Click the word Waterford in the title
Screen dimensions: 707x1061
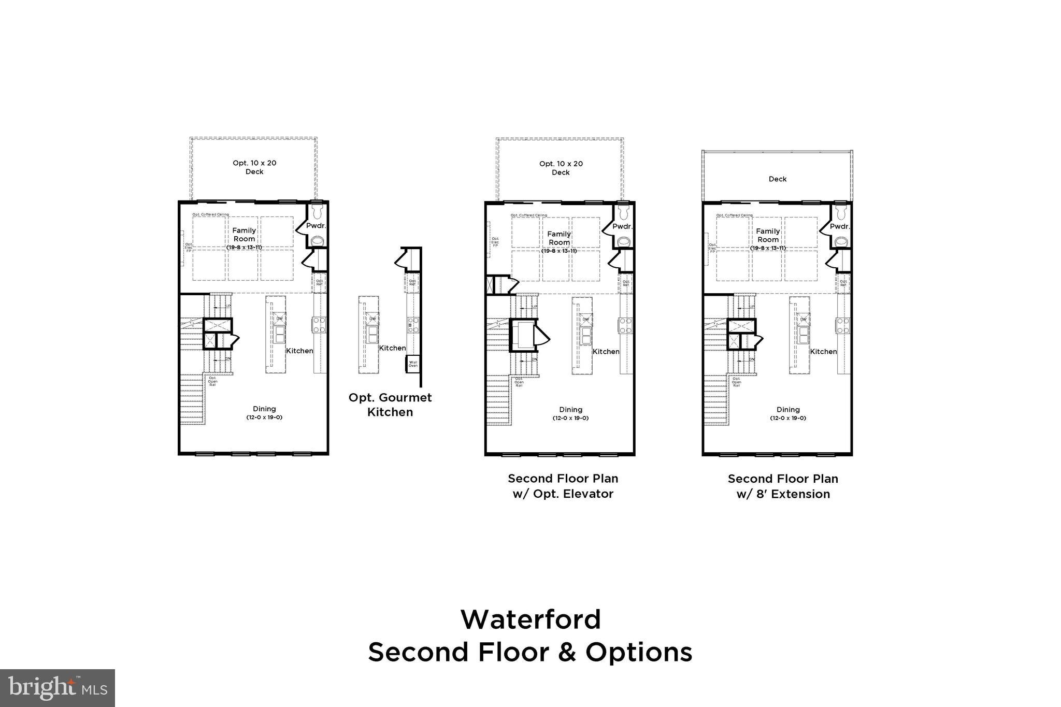pyautogui.click(x=530, y=619)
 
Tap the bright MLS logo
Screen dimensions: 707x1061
pyautogui.click(x=58, y=687)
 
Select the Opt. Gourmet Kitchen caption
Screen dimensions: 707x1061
pyautogui.click(x=390, y=405)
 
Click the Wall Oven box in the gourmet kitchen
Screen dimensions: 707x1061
pyautogui.click(x=413, y=364)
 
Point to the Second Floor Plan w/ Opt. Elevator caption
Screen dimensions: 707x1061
pyautogui.click(x=563, y=486)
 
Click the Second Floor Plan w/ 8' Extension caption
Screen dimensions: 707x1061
pyautogui.click(x=783, y=486)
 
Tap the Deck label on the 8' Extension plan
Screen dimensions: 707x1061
pyautogui.click(x=777, y=179)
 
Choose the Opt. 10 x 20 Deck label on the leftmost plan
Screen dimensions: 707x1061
pyautogui.click(x=254, y=167)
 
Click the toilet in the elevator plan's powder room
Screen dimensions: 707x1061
pyautogui.click(x=623, y=212)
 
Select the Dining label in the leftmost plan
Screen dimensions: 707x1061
pyautogui.click(x=264, y=409)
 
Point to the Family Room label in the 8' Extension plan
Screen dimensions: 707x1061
pyautogui.click(x=768, y=235)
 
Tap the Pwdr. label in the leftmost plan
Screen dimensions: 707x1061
pyautogui.click(x=316, y=226)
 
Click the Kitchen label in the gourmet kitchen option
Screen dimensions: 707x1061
pyautogui.click(x=392, y=348)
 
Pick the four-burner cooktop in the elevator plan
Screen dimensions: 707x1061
pyautogui.click(x=625, y=325)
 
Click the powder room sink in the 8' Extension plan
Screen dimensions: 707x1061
pyautogui.click(x=841, y=241)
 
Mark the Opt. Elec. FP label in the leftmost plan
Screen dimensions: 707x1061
pyautogui.click(x=189, y=248)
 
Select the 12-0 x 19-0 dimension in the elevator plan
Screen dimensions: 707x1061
pyautogui.click(x=570, y=418)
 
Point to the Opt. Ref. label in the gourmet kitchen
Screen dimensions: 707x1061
pyautogui.click(x=413, y=283)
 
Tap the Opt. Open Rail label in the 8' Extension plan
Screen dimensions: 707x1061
pyautogui.click(x=736, y=382)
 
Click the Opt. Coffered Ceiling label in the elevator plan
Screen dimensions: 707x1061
pyautogui.click(x=528, y=215)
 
